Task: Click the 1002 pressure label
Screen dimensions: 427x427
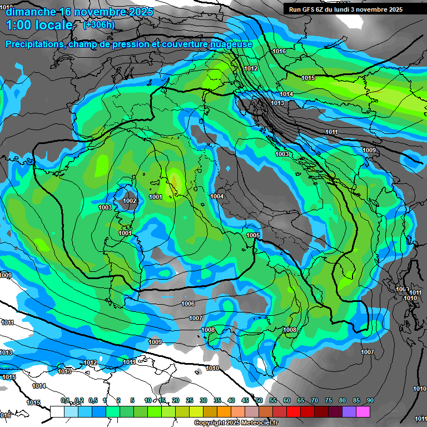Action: click(x=130, y=201)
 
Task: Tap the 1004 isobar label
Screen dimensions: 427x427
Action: click(x=217, y=196)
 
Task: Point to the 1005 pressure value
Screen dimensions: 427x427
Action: click(x=253, y=235)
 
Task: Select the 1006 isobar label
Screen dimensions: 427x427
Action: click(x=188, y=304)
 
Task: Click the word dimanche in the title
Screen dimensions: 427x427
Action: click(x=29, y=11)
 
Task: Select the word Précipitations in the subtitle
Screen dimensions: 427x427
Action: click(x=34, y=44)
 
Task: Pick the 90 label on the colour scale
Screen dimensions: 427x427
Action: click(x=370, y=400)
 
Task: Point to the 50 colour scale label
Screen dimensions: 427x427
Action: click(x=259, y=400)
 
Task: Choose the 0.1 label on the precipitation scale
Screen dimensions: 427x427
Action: click(x=65, y=400)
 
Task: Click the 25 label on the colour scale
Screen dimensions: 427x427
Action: click(x=190, y=400)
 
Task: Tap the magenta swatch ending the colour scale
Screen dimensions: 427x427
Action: click(x=363, y=411)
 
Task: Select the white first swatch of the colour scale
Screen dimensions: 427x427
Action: click(x=57, y=411)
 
